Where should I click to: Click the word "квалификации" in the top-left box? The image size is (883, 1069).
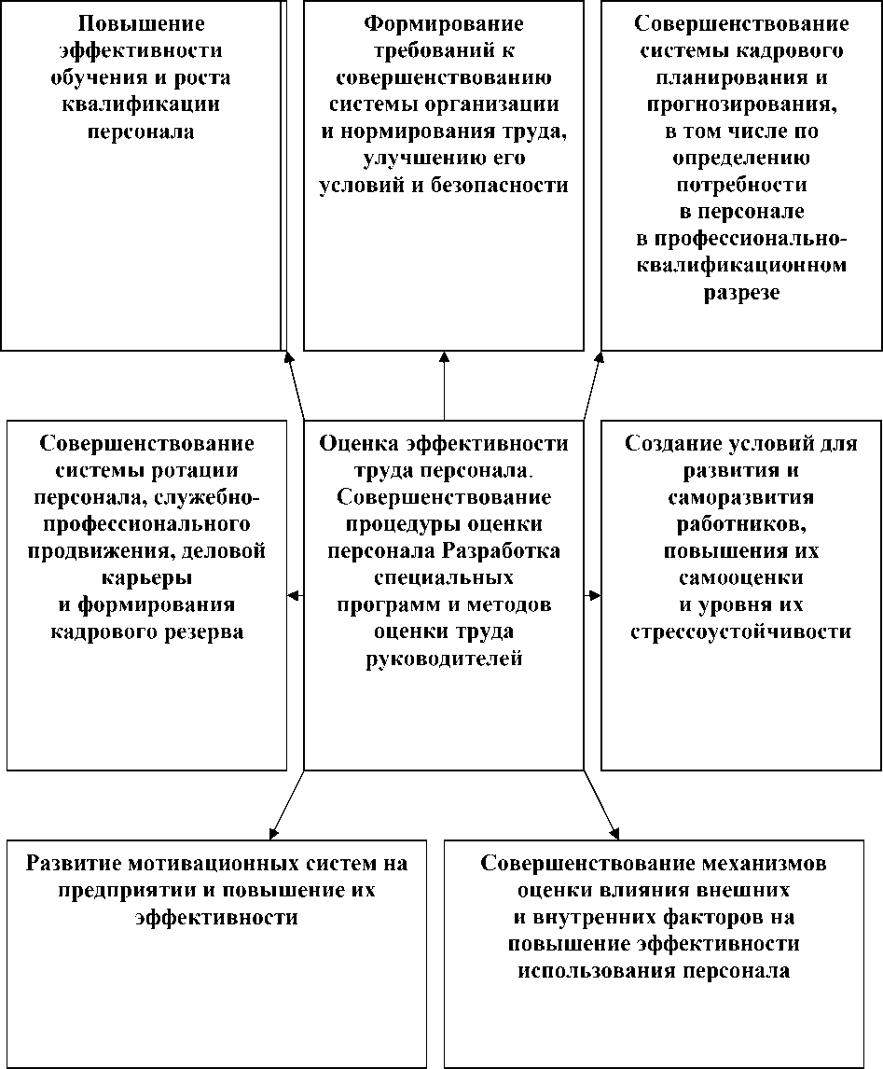[x=141, y=104]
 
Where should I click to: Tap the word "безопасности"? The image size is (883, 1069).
[x=500, y=185]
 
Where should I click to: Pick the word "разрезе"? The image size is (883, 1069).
[x=741, y=293]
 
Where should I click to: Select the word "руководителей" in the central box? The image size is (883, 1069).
[x=443, y=659]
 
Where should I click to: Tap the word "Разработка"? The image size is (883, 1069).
[x=501, y=550]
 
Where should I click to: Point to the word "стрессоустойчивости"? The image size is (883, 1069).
[x=741, y=632]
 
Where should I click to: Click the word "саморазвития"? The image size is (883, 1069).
[x=741, y=497]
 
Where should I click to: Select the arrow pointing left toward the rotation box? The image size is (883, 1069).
[x=296, y=595]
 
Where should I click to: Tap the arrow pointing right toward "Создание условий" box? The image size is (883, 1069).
[x=592, y=595]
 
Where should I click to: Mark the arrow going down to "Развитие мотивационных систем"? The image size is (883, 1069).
[x=284, y=804]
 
